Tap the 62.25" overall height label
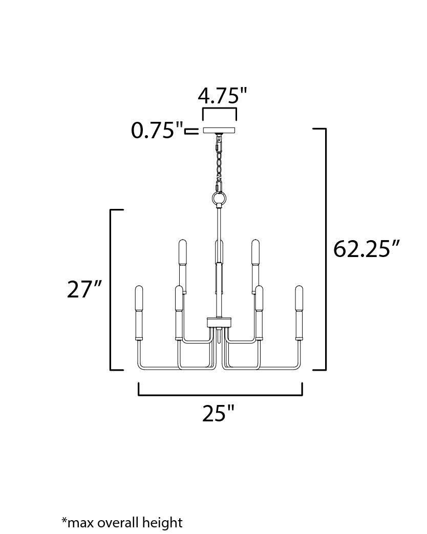tap(366, 249)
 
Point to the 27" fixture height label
tap(84, 289)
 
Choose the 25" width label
tap(218, 413)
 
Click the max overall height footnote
tap(122, 522)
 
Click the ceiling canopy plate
tap(220, 131)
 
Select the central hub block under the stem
tap(219, 322)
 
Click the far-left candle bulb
tap(139, 298)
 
